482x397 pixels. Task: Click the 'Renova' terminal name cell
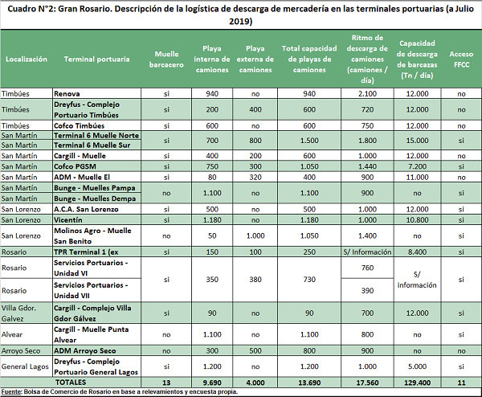coord(67,94)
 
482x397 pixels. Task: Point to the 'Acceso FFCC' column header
coord(461,59)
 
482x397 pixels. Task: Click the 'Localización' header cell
coord(27,59)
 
